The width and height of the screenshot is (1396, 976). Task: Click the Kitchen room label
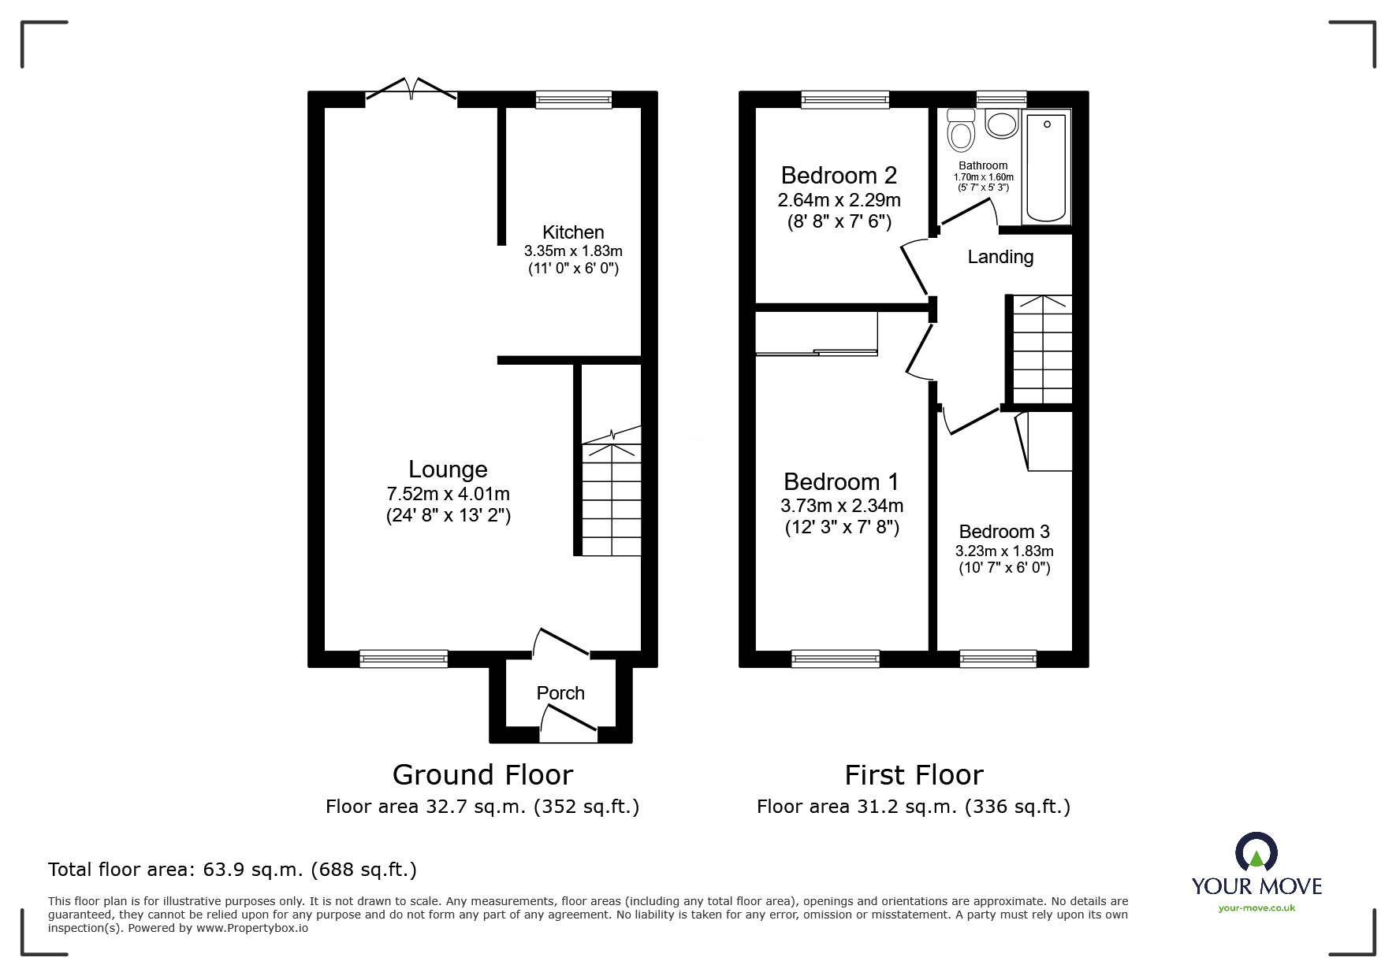tap(573, 232)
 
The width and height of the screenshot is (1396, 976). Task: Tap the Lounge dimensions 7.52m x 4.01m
tap(448, 494)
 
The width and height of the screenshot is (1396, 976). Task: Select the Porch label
tap(560, 693)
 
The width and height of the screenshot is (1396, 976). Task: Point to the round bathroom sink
tap(1002, 124)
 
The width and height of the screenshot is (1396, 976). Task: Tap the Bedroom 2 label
tap(839, 175)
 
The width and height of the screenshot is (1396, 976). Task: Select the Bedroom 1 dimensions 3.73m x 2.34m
tap(842, 506)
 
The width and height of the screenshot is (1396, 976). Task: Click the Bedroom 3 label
tap(1004, 532)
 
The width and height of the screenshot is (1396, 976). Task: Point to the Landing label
tap(1000, 257)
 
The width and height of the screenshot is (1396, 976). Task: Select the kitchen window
tap(573, 99)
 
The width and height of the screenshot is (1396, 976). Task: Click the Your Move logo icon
tap(1256, 853)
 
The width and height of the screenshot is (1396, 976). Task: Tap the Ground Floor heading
tap(482, 775)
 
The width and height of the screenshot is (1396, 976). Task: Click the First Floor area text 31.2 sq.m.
tap(913, 807)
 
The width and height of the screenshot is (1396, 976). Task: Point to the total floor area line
tap(233, 870)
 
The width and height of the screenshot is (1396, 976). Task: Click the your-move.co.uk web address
tap(1256, 908)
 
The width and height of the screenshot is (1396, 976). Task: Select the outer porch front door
tap(568, 723)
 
